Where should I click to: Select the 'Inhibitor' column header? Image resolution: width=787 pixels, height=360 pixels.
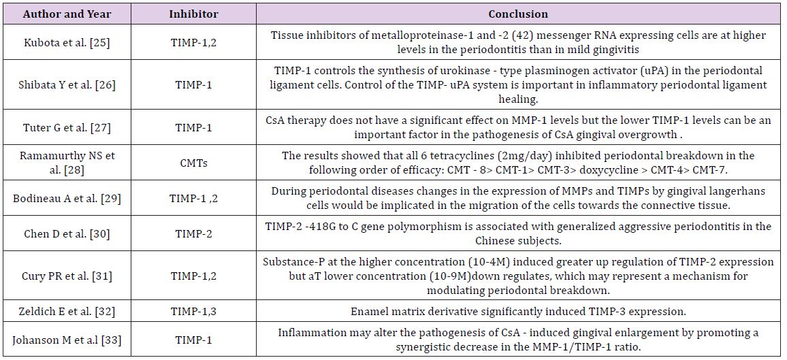193,14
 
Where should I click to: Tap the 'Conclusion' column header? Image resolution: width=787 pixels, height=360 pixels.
518,14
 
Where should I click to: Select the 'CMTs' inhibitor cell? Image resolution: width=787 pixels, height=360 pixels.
193,162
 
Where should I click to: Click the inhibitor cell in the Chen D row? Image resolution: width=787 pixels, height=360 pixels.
193,233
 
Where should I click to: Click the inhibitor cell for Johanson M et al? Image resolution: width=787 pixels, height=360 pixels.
193,339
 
